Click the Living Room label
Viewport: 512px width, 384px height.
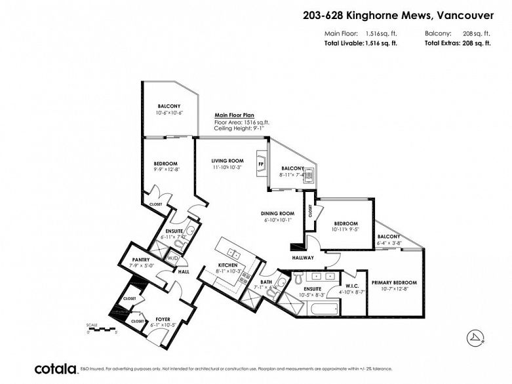pos(227,161)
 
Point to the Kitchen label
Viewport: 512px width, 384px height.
pos(229,265)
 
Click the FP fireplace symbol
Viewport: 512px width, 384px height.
pos(261,164)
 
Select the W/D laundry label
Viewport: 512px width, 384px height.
pos(172,258)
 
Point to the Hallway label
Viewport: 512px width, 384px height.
pos(303,258)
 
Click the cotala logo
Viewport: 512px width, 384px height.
pos(56,369)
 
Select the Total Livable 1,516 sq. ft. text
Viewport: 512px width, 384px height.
pos(361,43)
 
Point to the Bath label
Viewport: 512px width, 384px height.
pos(266,281)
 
